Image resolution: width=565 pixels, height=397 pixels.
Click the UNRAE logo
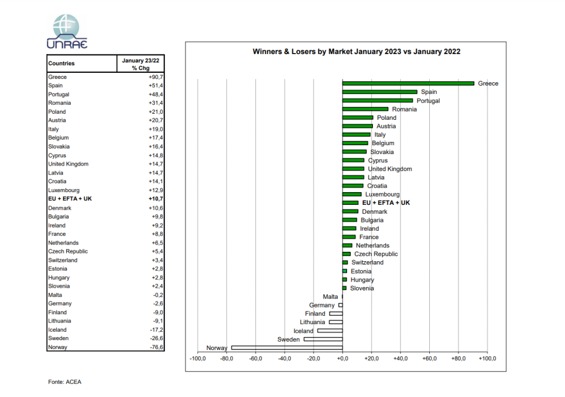pyautogui.click(x=67, y=31)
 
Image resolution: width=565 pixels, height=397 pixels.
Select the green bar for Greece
pyautogui.click(x=408, y=83)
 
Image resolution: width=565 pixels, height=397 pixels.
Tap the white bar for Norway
pyautogui.click(x=287, y=348)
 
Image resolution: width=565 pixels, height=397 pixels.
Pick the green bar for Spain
pyautogui.click(x=380, y=92)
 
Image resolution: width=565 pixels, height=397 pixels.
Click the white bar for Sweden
pyautogui.click(x=323, y=339)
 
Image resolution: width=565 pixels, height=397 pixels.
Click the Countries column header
pyautogui.click(x=61, y=63)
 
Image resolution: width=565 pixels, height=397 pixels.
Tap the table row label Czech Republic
pyautogui.click(x=68, y=251)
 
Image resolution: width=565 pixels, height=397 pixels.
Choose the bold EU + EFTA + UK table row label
pyautogui.click(x=70, y=199)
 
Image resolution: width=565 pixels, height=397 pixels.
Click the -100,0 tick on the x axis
pyautogui.click(x=198, y=359)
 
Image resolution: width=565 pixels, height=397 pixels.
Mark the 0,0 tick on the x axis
pyautogui.click(x=343, y=359)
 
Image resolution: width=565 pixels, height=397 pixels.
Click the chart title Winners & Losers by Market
pyautogui.click(x=356, y=52)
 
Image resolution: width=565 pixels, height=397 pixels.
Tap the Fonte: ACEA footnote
pyautogui.click(x=65, y=382)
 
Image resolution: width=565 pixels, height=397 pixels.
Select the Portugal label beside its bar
pyautogui.click(x=428, y=100)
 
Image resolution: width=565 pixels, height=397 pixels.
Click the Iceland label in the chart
pyautogui.click(x=303, y=331)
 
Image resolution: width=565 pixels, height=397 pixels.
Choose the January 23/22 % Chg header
pyautogui.click(x=140, y=63)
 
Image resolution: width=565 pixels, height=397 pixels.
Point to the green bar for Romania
pyautogui.click(x=365, y=109)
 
